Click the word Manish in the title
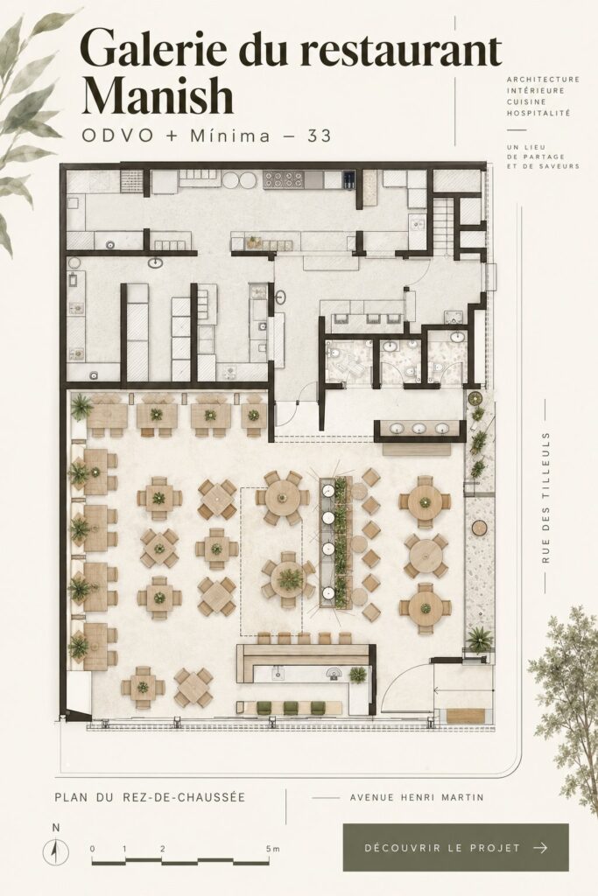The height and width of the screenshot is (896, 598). point(158,96)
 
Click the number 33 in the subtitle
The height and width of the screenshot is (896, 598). point(320,136)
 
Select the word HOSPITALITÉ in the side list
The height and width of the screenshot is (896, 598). point(538,113)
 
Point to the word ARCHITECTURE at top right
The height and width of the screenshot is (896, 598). point(543,80)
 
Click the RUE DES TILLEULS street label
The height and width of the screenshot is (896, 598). point(546,497)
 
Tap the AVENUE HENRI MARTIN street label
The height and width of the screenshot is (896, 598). point(417,796)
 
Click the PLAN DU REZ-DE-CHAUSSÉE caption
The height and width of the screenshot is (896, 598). point(150,796)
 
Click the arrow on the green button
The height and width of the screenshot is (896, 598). point(539,847)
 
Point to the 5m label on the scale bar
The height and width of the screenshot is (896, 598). point(272,849)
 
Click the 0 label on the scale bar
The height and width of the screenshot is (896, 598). point(93,849)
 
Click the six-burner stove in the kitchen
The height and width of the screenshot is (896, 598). point(285,180)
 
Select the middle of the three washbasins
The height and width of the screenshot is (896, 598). point(419,429)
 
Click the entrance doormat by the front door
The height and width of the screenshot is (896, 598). point(466,716)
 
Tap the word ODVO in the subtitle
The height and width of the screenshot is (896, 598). point(118,136)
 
